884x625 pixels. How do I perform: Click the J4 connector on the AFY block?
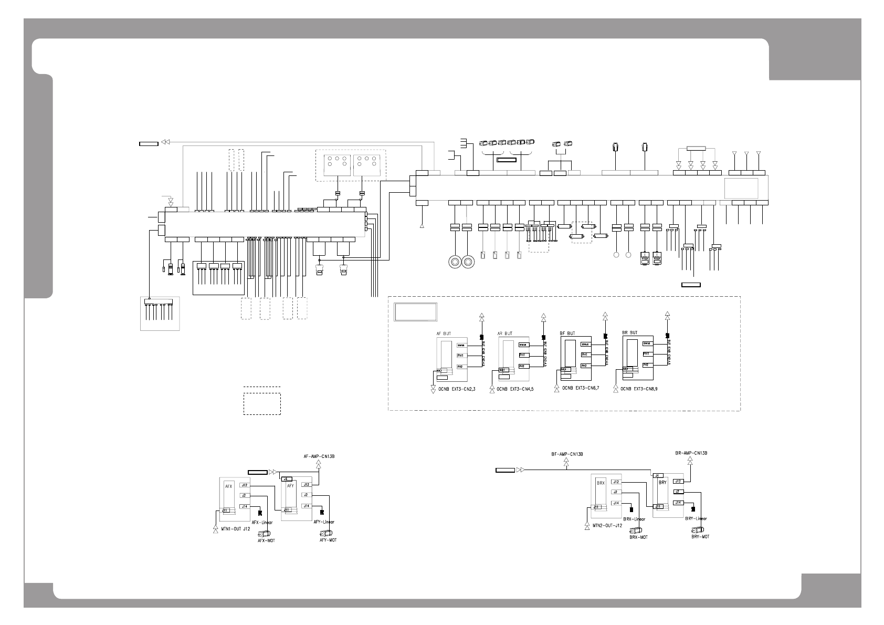click(287, 479)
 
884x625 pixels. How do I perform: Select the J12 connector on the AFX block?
click(244, 485)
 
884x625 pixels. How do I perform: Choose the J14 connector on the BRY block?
click(678, 503)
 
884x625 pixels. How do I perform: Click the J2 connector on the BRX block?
click(616, 492)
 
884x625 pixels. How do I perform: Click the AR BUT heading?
click(504, 333)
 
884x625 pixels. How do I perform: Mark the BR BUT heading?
click(629, 332)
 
